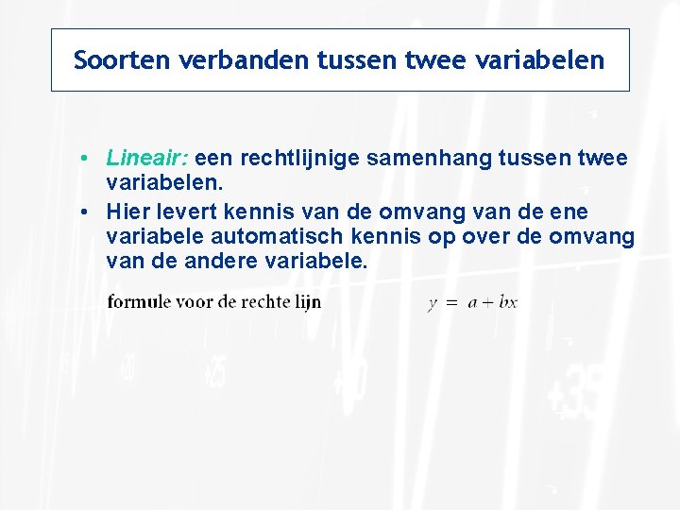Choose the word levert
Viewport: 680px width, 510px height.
tap(177, 211)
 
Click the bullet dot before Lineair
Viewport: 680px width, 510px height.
tap(85, 158)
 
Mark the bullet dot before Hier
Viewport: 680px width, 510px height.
tap(85, 211)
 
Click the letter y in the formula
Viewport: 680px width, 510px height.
tap(432, 304)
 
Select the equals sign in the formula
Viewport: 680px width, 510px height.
tap(450, 303)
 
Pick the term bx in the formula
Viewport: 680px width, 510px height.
tap(508, 303)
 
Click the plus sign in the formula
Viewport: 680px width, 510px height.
tap(488, 303)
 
